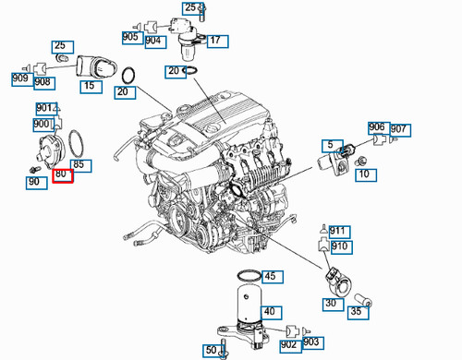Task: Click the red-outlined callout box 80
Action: coord(63,174)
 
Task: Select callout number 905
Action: coord(130,38)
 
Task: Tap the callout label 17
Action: coord(214,41)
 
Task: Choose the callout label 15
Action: coord(90,86)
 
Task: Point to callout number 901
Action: coord(44,109)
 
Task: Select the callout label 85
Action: coord(79,166)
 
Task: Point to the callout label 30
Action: coord(328,303)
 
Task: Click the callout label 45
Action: coord(270,276)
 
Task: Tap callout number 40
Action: coord(270,312)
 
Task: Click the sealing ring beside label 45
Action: coord(245,276)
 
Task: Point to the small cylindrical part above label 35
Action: coord(364,296)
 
